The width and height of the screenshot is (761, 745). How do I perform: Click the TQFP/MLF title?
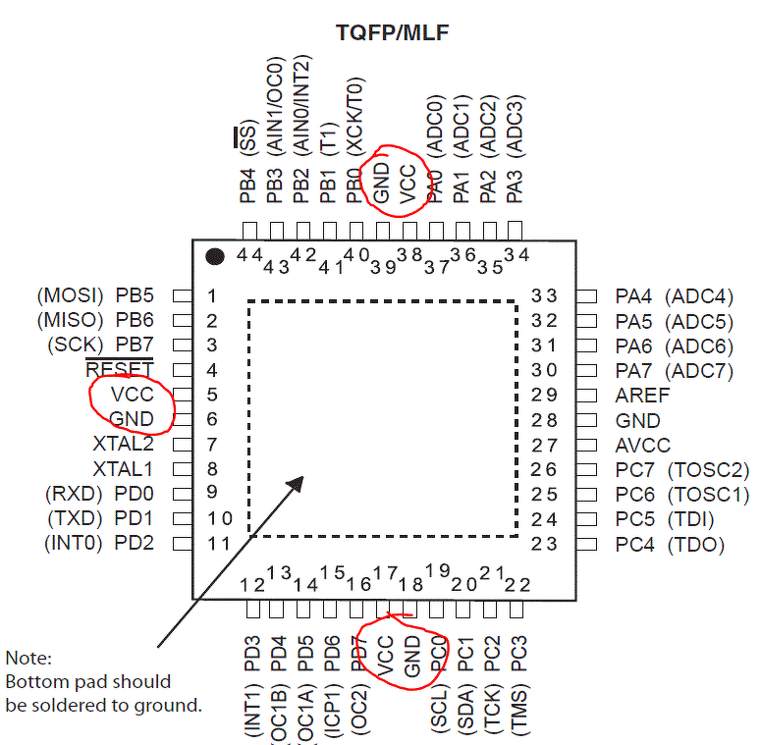pos(392,33)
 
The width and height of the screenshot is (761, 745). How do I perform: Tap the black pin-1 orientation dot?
pos(214,256)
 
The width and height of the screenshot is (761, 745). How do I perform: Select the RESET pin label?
pos(120,369)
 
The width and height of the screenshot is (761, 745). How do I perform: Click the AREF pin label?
pos(642,396)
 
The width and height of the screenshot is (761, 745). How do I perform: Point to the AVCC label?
pos(642,446)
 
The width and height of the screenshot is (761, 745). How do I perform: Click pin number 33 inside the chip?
pos(544,295)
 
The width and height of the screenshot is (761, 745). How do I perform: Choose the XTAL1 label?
pos(123,469)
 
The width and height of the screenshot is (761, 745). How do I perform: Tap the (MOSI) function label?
pos(71,295)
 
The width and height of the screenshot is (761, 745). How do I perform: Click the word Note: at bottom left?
pos(28,659)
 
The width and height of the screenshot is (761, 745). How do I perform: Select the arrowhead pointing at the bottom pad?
pos(297,484)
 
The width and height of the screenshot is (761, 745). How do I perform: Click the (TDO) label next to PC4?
pos(696,545)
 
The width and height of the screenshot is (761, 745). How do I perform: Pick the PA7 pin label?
pos(633,371)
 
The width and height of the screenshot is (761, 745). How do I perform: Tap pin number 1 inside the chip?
pos(211,295)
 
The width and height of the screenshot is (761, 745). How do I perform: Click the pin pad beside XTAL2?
pos(183,445)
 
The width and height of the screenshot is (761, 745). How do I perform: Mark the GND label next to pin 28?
pos(637,420)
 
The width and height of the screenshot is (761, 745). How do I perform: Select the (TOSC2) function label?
pos(709,470)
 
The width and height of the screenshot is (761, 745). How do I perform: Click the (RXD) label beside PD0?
pos(74,494)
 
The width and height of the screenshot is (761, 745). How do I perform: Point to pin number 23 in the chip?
pos(544,544)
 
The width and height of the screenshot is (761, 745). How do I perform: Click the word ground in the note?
pos(168,706)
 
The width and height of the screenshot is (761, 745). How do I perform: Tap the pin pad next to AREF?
pos(587,396)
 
